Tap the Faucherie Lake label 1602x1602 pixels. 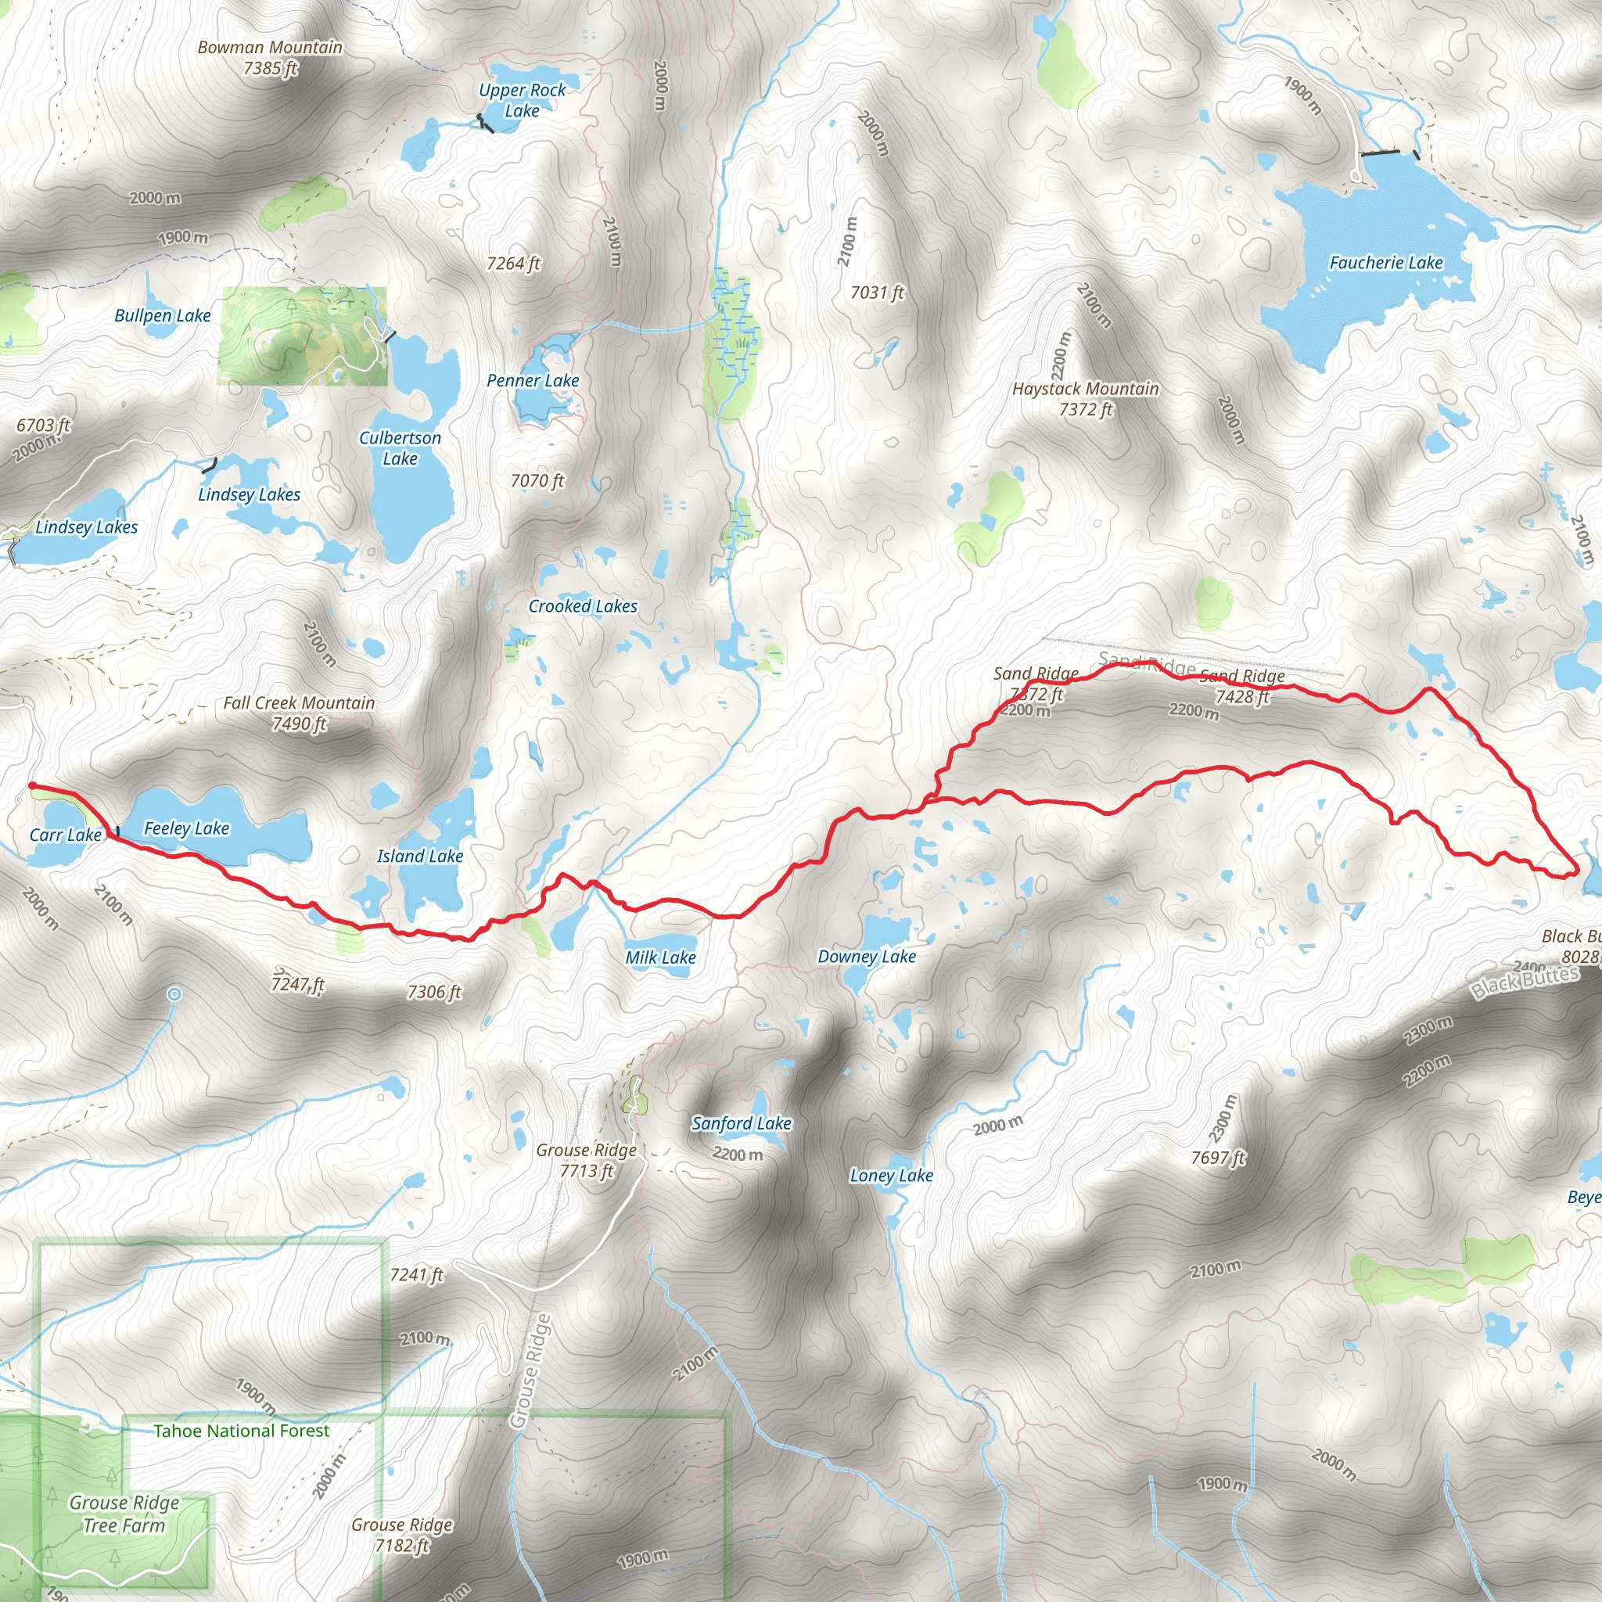tap(1385, 263)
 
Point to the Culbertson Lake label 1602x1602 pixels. tap(400, 447)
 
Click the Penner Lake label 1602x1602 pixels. tap(533, 381)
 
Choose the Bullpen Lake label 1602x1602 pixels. tap(163, 316)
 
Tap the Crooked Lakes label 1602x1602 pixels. tap(583, 606)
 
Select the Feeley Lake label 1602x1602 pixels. tap(187, 828)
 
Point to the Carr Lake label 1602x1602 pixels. tap(66, 835)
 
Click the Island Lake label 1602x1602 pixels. tap(419, 857)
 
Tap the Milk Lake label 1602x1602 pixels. tap(660, 957)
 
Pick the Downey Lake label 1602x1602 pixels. tap(867, 957)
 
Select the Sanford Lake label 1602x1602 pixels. tap(742, 1123)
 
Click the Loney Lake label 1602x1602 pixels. tap(892, 1176)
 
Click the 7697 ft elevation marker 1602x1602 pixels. tap(1218, 1158)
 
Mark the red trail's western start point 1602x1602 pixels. tap(32, 785)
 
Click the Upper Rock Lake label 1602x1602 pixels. tap(522, 100)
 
